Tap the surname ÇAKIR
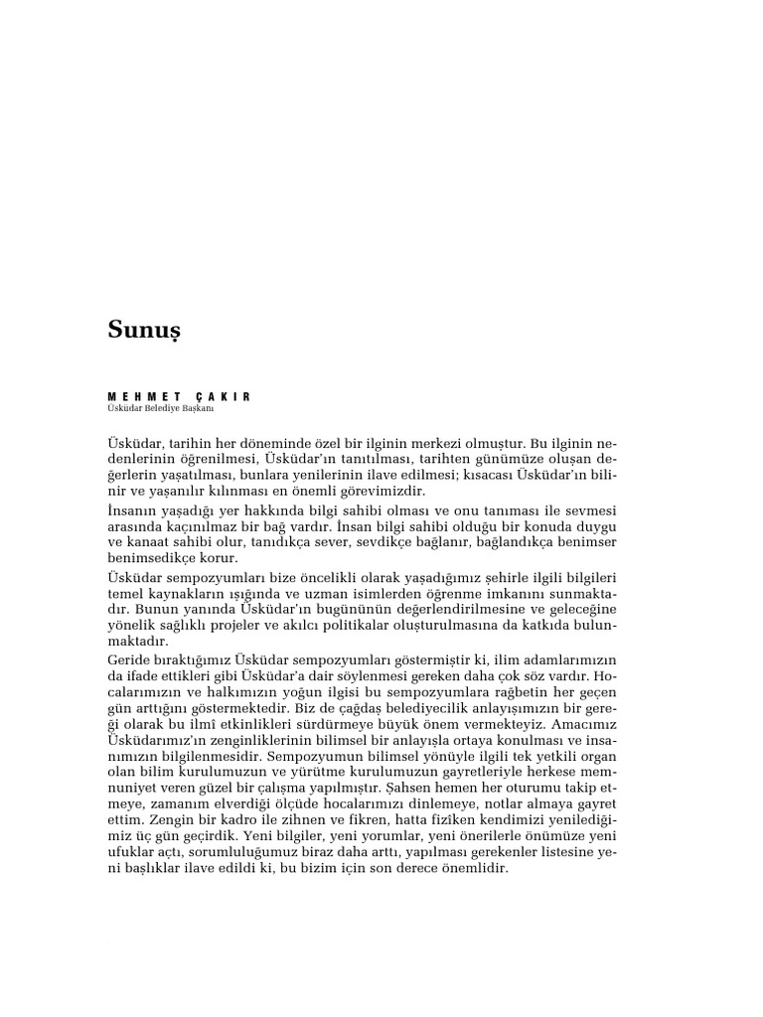click(x=225, y=396)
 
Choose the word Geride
click(x=131, y=661)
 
